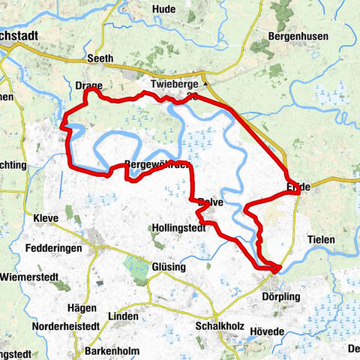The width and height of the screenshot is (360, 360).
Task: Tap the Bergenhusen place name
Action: click(x=295, y=35)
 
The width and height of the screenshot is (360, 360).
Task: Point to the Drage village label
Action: click(x=88, y=85)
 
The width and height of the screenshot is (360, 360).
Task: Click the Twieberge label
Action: click(x=172, y=83)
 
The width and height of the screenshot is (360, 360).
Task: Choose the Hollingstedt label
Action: click(x=178, y=228)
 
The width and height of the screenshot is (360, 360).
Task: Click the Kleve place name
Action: click(x=46, y=218)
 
